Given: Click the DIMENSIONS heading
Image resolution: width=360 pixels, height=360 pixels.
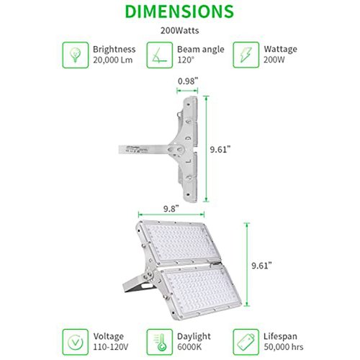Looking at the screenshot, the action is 179,12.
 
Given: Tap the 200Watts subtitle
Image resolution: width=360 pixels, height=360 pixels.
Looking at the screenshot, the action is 179,31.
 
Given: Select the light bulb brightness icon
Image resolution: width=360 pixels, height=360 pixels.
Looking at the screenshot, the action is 76,55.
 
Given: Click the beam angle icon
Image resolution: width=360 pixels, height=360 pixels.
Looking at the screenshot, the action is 160,55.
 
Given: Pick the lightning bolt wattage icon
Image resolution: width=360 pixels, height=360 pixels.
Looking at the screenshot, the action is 246,55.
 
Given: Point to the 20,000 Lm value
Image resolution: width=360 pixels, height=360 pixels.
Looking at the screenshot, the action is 113,60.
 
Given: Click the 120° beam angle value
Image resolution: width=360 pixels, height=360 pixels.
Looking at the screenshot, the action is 186,60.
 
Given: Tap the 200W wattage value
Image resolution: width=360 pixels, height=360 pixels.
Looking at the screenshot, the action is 274,60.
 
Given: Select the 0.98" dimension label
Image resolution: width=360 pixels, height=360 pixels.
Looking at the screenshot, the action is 188,81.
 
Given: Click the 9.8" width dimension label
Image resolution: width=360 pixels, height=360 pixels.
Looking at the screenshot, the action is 171,209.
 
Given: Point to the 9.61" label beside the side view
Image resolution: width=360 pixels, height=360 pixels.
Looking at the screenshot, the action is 220,150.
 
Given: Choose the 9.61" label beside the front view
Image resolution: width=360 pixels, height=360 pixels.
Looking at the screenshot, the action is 261,266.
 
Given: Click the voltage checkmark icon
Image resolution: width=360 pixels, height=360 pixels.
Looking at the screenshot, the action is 76,342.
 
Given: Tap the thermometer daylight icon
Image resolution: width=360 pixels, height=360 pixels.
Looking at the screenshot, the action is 160,342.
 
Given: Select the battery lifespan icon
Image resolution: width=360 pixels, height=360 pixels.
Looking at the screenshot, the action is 246,342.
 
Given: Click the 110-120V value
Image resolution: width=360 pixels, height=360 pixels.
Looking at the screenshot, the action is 111,347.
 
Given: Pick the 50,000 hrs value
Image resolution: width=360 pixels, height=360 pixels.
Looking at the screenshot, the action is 284,347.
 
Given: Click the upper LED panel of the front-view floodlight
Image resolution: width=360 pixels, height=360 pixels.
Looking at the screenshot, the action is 179,243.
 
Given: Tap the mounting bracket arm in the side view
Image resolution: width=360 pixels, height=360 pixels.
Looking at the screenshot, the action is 144,149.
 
